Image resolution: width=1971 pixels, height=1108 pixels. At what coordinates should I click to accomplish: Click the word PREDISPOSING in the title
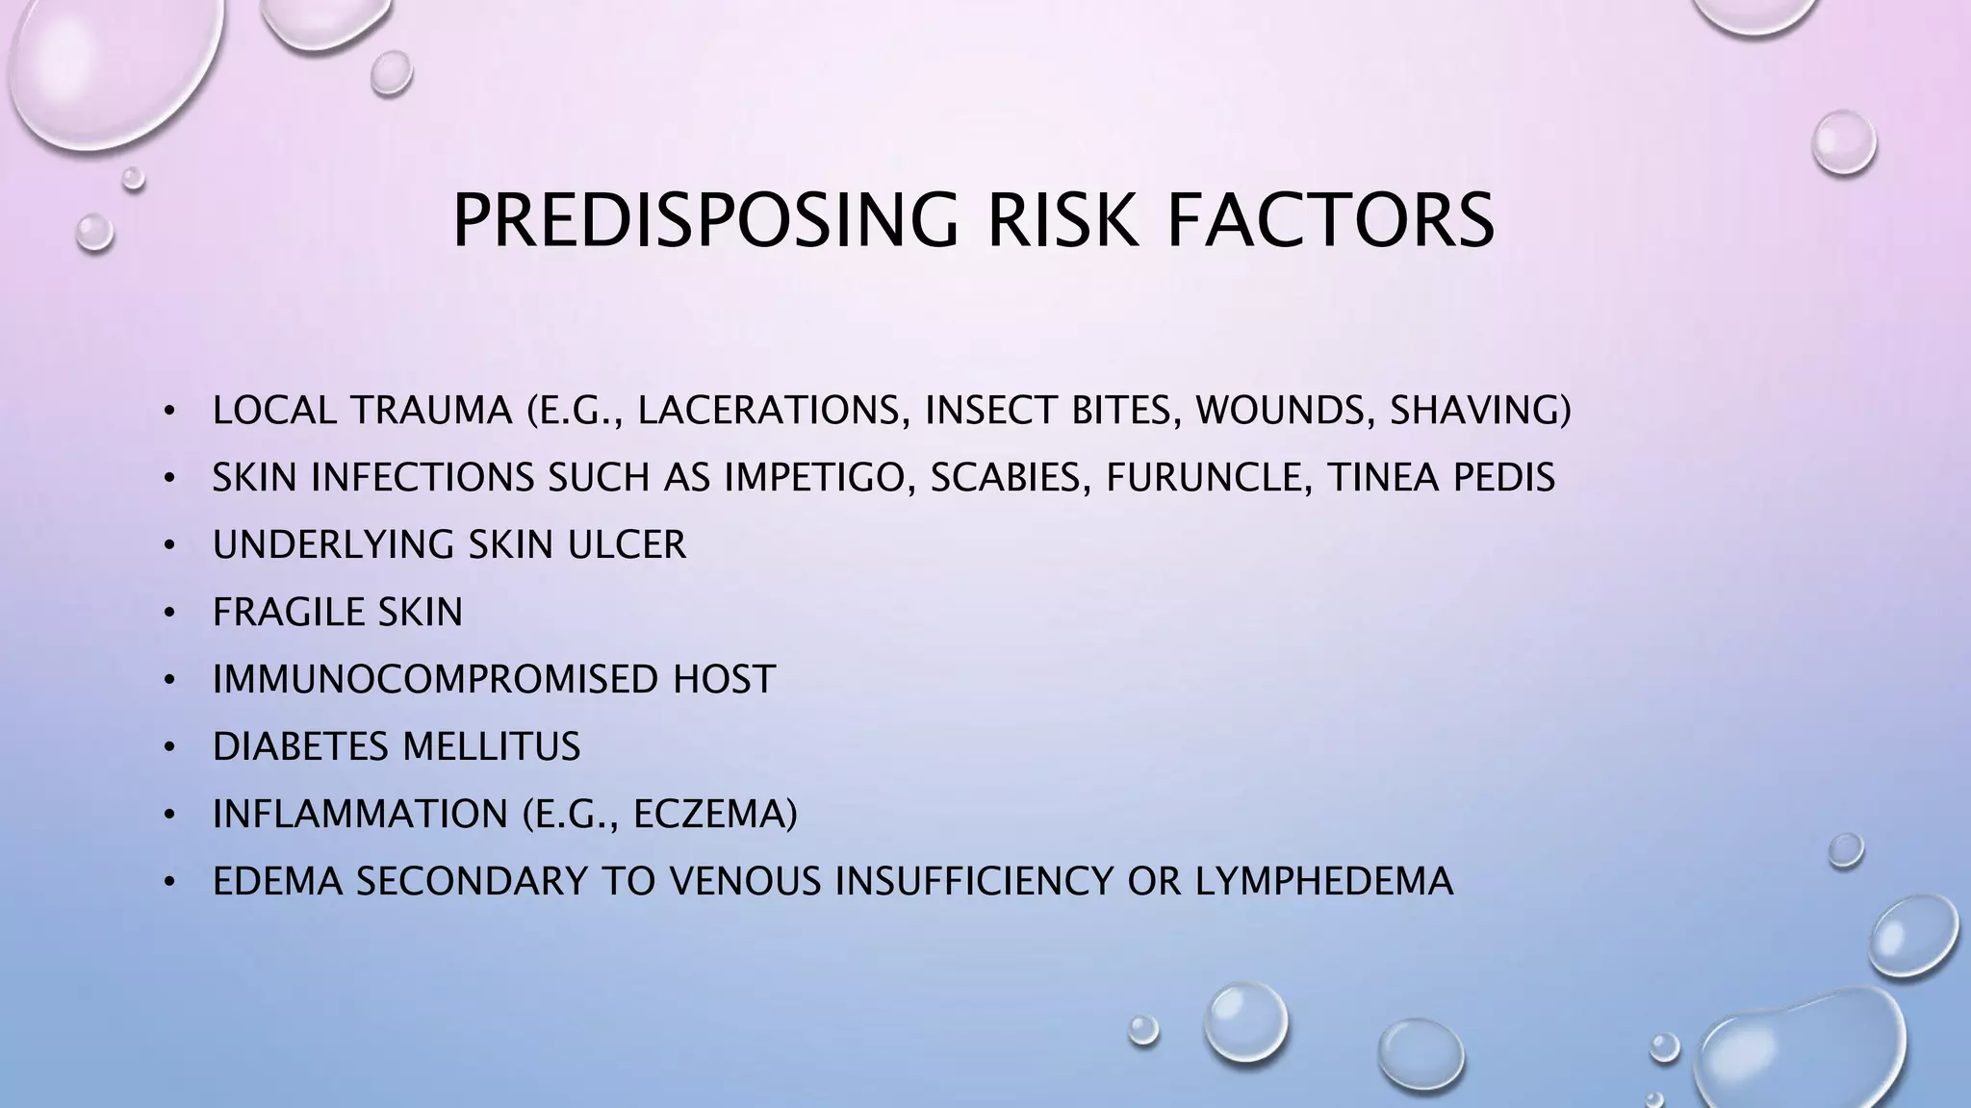pos(705,221)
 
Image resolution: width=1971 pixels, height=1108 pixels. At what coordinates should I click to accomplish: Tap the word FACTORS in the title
pos(1331,221)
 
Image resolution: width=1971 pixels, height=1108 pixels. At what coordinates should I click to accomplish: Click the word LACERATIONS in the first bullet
pos(774,411)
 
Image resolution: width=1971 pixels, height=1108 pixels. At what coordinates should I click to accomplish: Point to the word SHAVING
pos(1479,411)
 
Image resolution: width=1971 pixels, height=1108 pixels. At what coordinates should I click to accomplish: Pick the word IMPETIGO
pos(819,478)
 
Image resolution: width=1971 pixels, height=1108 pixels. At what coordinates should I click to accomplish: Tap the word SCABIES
pos(1010,478)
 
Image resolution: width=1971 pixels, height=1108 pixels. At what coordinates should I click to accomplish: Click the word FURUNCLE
pos(1203,478)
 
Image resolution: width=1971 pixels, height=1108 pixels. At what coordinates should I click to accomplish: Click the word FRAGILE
pos(288,613)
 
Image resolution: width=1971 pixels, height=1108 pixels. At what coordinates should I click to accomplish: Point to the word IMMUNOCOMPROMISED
pos(435,680)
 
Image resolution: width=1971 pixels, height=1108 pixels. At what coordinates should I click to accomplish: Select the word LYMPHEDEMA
pos(1324,882)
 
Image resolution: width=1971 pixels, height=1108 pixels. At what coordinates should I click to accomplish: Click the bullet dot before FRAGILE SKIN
pos(169,613)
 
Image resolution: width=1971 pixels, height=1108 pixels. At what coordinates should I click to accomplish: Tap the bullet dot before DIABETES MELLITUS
pos(169,747)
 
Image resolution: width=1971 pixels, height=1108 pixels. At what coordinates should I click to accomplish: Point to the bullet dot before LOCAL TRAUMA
pos(169,412)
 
